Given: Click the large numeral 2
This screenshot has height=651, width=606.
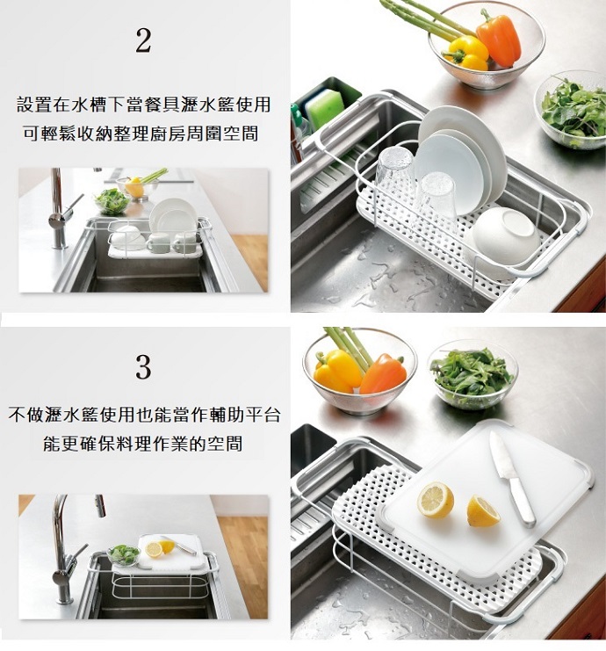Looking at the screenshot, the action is click(143, 40).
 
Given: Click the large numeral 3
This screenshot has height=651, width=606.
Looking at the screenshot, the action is click(143, 366).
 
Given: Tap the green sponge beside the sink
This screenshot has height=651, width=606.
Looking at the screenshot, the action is click(325, 109).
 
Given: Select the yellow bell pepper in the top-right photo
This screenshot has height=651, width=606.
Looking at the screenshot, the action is click(467, 53).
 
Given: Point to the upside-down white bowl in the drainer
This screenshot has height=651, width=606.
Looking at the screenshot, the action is click(503, 235).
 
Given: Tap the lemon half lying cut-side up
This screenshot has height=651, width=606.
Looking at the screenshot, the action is click(436, 500).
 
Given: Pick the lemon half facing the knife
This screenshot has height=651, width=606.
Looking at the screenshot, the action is click(482, 511).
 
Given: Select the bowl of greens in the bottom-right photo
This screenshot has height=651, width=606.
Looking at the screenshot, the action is click(473, 373).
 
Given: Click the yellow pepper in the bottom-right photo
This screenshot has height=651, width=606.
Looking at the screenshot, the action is click(337, 371).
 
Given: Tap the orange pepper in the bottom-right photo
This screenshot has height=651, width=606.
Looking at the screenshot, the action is click(383, 374).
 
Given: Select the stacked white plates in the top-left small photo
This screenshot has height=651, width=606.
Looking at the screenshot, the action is click(173, 217).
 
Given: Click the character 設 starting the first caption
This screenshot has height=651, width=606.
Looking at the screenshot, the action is click(25, 104).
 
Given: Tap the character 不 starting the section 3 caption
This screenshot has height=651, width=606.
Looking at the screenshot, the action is click(17, 415).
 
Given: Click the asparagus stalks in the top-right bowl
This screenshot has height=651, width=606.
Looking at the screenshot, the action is click(428, 18).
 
